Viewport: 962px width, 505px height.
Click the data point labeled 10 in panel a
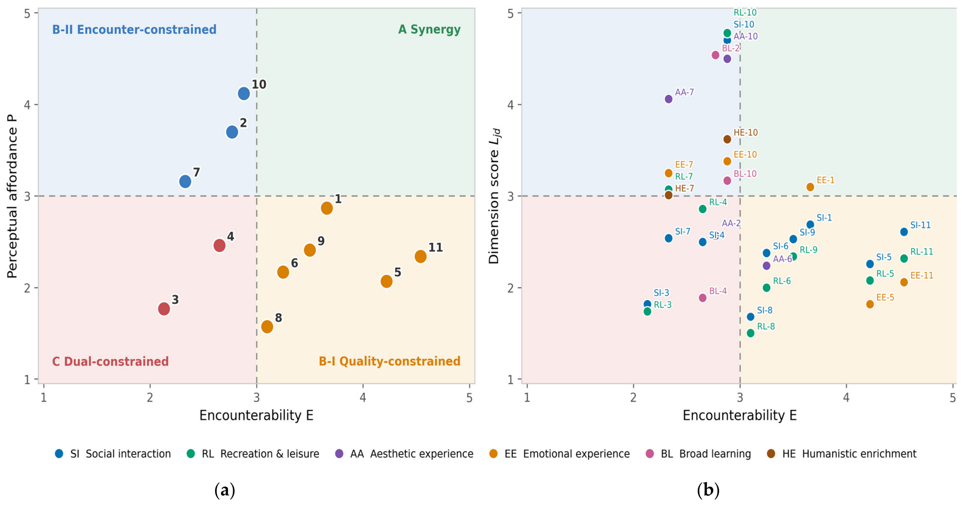(244, 93)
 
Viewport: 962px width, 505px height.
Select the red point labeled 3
(164, 309)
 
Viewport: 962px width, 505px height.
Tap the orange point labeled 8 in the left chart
(267, 327)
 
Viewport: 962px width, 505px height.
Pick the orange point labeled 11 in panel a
(420, 256)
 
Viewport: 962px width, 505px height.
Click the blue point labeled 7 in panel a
(185, 182)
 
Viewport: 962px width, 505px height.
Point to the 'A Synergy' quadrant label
(429, 29)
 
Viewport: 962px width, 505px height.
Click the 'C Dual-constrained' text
(110, 361)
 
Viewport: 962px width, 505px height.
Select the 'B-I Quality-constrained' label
(389, 361)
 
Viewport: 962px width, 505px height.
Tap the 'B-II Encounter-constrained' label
(134, 29)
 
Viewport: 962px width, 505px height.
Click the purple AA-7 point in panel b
(668, 99)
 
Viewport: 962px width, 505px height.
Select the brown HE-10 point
(727, 139)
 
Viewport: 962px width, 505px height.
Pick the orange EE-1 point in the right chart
(810, 187)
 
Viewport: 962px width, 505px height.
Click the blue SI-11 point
(904, 232)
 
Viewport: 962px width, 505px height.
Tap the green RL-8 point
(750, 333)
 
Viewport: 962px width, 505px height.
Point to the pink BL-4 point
(702, 298)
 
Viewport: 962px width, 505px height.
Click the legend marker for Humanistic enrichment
(771, 454)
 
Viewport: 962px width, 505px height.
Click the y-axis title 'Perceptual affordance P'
(12, 196)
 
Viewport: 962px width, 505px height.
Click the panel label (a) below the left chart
(225, 491)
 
